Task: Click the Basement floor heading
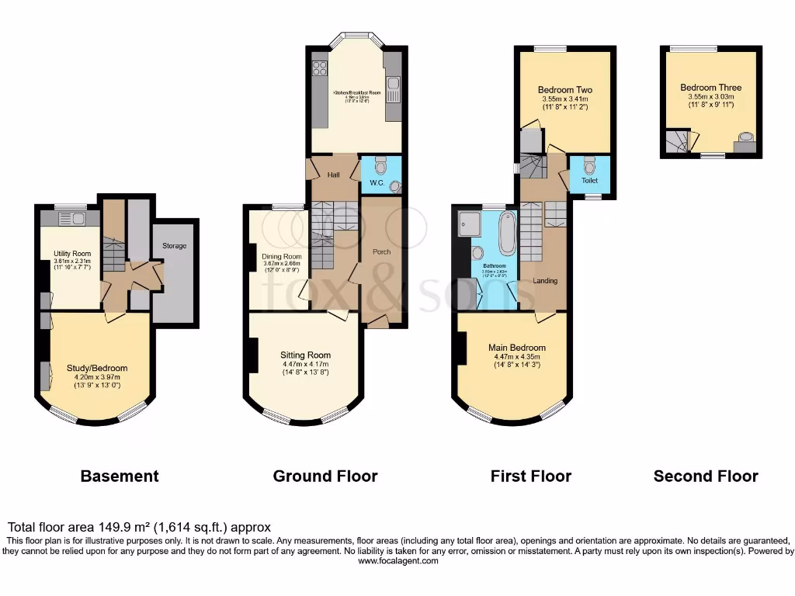120,476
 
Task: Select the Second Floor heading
706,476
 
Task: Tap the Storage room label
174,246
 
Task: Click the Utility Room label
72,254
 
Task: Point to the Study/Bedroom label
96,369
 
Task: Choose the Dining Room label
281,257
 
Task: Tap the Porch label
382,251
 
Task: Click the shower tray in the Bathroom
470,223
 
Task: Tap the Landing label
545,280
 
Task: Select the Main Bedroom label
516,348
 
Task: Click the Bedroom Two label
566,90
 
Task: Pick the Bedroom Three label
710,88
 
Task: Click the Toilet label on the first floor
589,180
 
